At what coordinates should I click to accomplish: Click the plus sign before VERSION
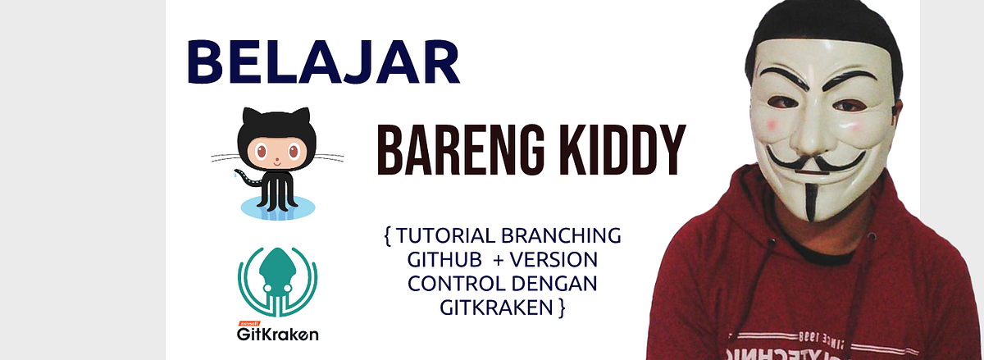[499, 260]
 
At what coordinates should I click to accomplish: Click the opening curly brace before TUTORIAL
[386, 236]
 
